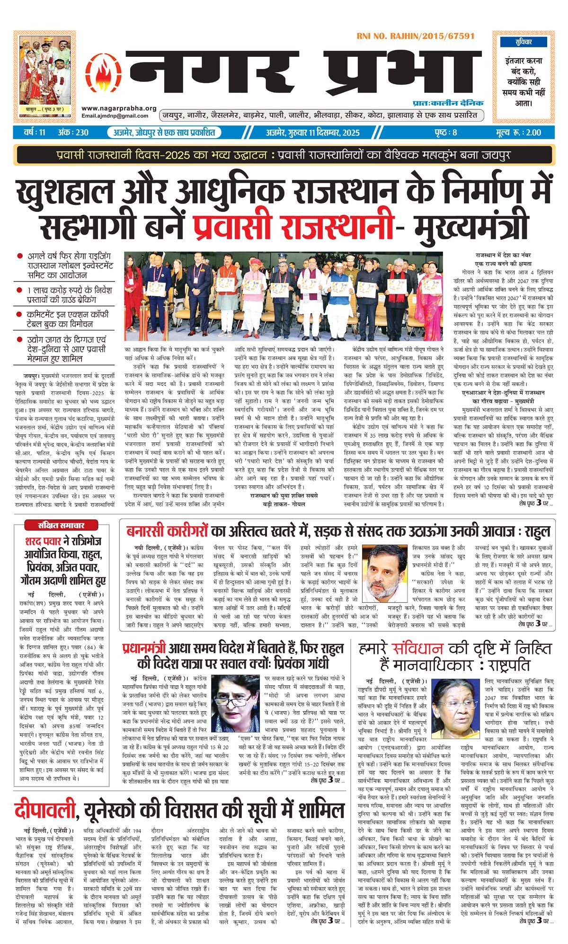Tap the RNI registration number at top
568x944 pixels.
tap(416, 36)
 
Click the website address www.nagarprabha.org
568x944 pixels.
tap(118, 108)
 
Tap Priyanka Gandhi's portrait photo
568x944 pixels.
tap(235, 701)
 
